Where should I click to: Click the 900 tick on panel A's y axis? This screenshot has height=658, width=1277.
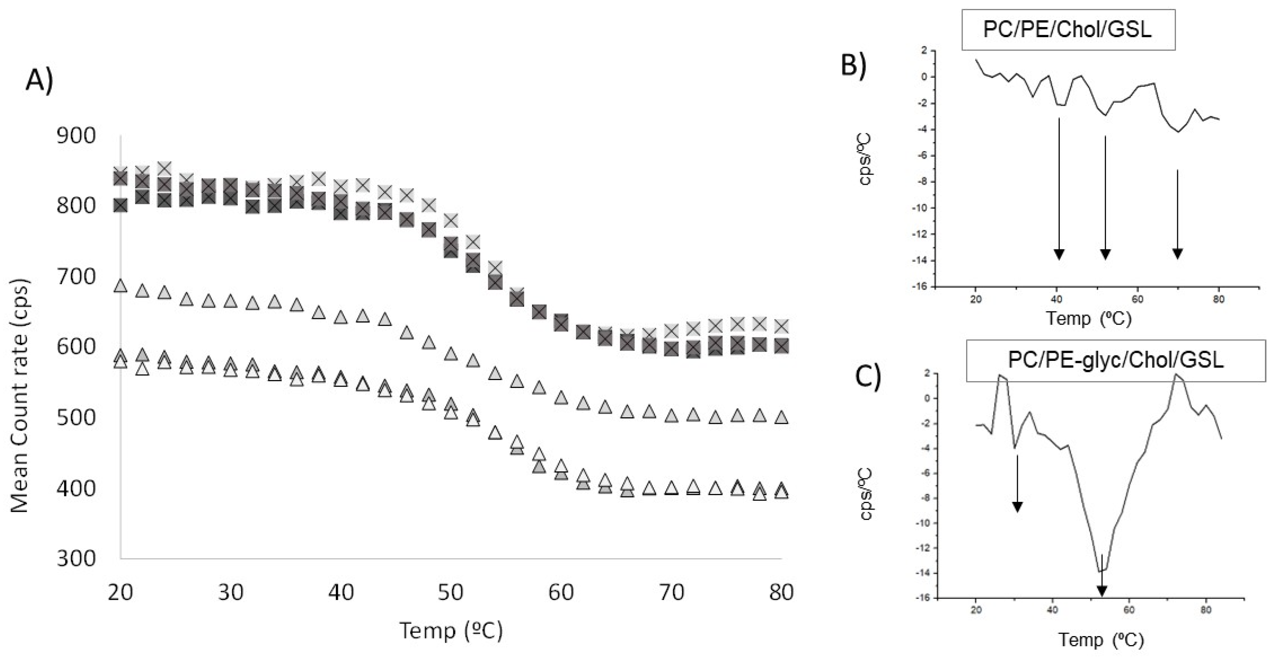point(75,135)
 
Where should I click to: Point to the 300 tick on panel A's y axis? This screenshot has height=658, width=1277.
point(75,558)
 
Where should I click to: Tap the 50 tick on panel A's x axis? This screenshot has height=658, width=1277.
point(451,591)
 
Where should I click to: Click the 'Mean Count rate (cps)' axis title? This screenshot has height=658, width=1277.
point(20,396)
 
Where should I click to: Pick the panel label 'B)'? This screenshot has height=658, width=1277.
point(854,65)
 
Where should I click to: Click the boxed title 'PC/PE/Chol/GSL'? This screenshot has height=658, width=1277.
point(1068,30)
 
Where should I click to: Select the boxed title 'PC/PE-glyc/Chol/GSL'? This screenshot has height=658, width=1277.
point(1115,360)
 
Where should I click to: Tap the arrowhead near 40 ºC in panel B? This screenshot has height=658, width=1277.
point(1059,254)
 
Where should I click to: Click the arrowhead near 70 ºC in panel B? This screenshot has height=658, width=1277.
point(1177,254)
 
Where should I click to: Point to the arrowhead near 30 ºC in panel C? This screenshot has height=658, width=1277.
point(1017,507)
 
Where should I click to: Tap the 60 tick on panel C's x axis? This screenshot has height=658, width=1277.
point(1129,609)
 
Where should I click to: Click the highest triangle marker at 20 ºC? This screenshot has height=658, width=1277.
point(121,286)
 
